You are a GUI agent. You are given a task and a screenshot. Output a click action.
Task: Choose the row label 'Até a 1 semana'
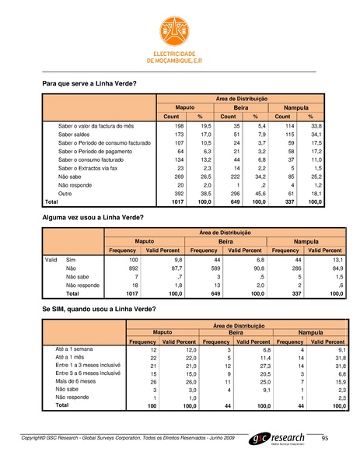pyautogui.click(x=74, y=351)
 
